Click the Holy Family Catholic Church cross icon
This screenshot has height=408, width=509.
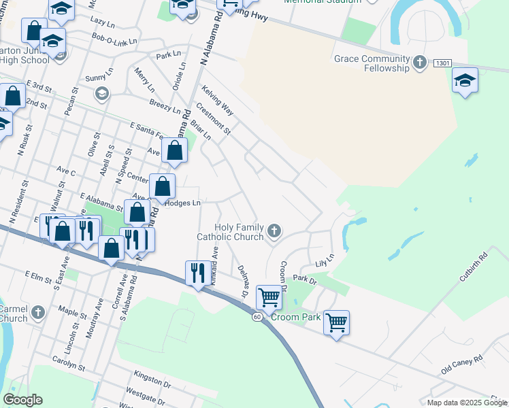coord(274,231)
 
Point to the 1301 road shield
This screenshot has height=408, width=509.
coord(442,63)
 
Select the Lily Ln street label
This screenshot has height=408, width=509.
coord(325,260)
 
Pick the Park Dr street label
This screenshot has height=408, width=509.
coord(305,279)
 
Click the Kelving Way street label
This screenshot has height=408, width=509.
coord(218,99)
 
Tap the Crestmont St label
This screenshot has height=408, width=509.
coord(213,118)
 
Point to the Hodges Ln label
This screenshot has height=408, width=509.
coord(183,203)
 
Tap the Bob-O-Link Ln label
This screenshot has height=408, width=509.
coord(114,41)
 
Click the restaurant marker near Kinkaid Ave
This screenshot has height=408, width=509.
coord(197,273)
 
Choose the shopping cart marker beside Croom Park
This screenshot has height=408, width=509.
coord(336,322)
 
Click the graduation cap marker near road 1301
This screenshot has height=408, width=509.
coord(465,80)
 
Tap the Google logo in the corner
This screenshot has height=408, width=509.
coord(22,400)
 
